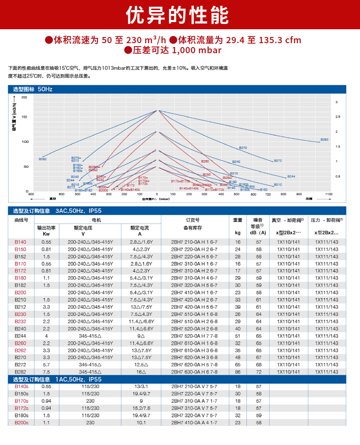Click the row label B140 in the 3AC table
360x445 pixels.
click(21, 242)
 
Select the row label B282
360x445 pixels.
click(21, 372)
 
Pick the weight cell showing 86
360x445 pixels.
click(238, 372)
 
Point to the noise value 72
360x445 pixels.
click(259, 372)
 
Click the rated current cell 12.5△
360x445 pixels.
click(141, 364)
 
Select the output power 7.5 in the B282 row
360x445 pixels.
click(46, 372)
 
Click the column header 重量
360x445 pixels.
click(238, 220)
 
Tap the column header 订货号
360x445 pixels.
click(194, 220)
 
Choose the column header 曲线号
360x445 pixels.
click(21, 220)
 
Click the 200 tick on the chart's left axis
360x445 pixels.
click(24, 97)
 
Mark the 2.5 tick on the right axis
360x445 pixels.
click(338, 117)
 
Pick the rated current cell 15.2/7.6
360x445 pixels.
click(141, 408)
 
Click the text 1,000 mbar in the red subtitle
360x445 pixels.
click(197, 50)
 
